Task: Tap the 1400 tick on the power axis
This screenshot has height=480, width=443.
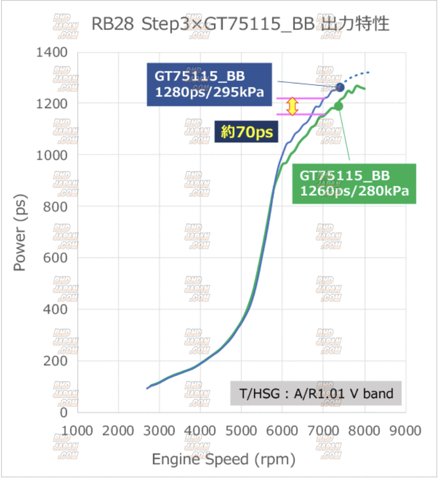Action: [x=53, y=53]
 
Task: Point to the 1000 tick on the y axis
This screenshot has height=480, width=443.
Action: [x=53, y=155]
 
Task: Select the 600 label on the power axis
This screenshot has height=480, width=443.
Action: [x=56, y=258]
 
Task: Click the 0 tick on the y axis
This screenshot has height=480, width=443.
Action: [x=64, y=412]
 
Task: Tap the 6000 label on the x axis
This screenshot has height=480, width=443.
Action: [x=282, y=431]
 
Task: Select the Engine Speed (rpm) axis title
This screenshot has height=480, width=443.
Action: [x=224, y=460]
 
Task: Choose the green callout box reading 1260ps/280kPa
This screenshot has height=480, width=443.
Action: [x=354, y=183]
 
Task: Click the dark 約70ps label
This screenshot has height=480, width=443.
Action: [x=247, y=132]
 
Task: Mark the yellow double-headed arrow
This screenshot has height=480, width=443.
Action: [x=293, y=106]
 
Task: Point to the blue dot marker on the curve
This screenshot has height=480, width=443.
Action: [x=339, y=87]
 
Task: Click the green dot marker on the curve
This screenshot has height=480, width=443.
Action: [x=338, y=106]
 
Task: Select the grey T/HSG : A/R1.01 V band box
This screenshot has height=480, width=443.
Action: [x=316, y=393]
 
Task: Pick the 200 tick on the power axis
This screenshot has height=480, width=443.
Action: [x=56, y=361]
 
